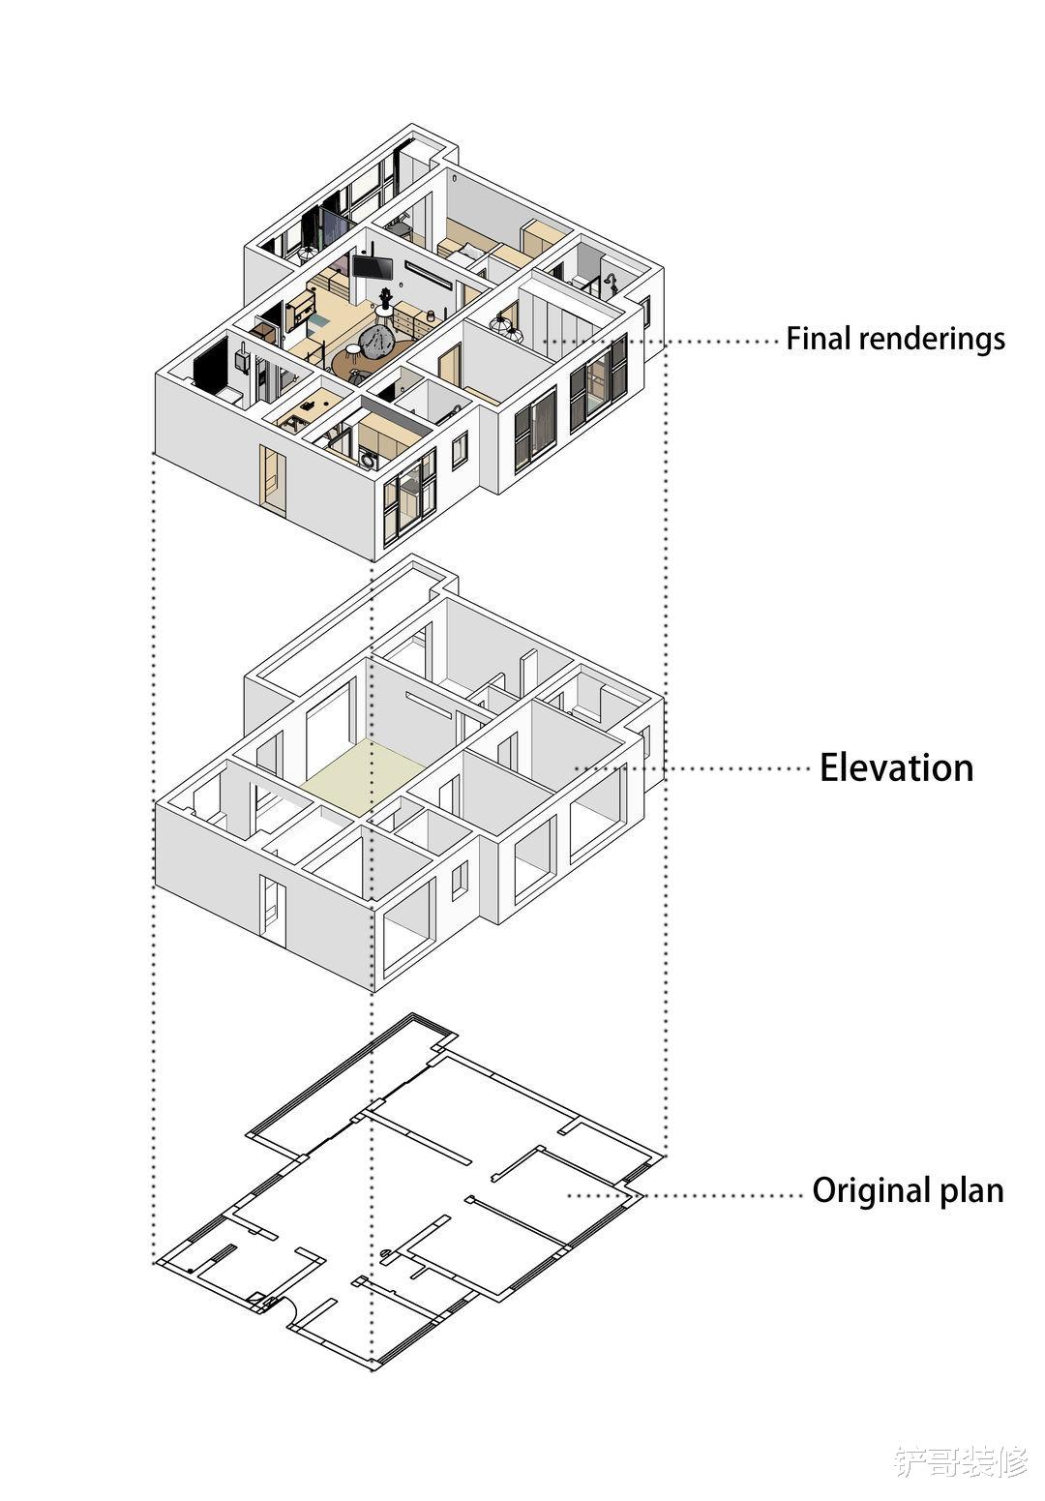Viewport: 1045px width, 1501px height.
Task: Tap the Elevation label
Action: click(896, 768)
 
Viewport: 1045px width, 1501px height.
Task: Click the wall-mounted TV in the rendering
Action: click(373, 267)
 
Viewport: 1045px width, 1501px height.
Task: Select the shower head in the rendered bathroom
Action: click(610, 282)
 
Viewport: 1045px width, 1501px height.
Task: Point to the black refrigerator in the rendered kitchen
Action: click(212, 363)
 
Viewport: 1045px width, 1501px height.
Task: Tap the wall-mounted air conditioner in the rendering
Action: click(430, 274)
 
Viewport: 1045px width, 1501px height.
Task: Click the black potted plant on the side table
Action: click(385, 296)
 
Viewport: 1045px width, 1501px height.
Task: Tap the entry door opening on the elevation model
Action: click(273, 911)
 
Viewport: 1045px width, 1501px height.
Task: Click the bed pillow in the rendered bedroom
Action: click(463, 255)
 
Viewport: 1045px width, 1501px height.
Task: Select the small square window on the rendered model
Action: click(460, 450)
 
